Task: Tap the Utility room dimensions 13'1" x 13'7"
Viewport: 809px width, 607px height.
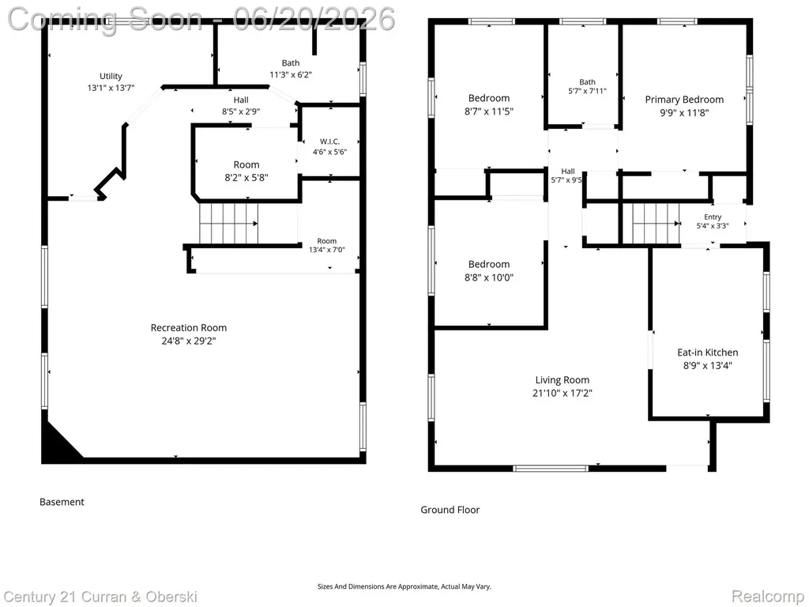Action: click(x=111, y=89)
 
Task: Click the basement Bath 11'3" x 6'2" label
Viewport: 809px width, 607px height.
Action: click(x=291, y=69)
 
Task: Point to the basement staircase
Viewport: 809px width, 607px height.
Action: click(x=229, y=223)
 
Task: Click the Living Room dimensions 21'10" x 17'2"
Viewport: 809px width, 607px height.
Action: click(x=563, y=393)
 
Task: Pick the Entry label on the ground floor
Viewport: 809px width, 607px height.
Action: click(x=713, y=217)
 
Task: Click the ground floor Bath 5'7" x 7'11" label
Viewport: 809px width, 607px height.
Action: click(x=587, y=86)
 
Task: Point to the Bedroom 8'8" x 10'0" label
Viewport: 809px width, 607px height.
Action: click(x=489, y=270)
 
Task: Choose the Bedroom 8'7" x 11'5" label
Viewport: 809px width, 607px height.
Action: click(x=489, y=104)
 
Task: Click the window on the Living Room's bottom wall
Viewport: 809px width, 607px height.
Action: click(x=551, y=468)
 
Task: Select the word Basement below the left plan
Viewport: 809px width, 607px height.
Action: click(x=62, y=502)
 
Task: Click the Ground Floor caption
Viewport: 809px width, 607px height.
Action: click(x=450, y=510)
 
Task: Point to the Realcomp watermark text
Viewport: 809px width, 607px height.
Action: click(x=768, y=596)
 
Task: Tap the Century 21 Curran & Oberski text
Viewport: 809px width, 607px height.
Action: click(x=100, y=597)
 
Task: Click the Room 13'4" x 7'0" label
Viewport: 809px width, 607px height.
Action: click(x=326, y=245)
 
